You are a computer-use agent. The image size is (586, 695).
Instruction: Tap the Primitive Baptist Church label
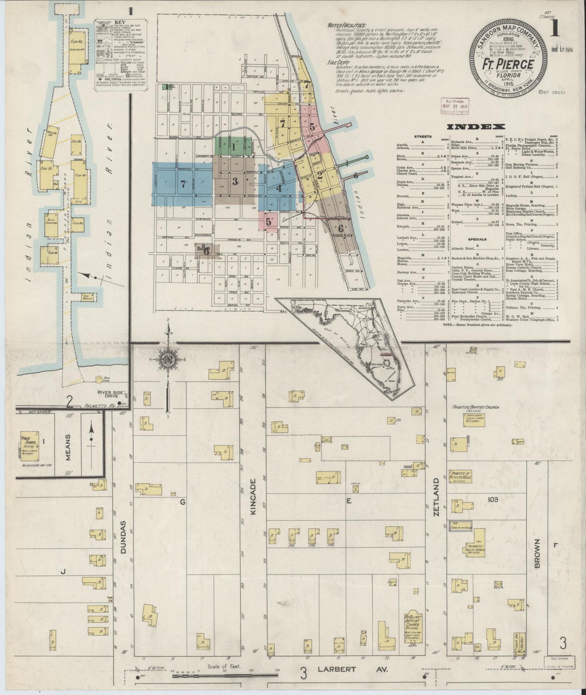[x=476, y=408]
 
